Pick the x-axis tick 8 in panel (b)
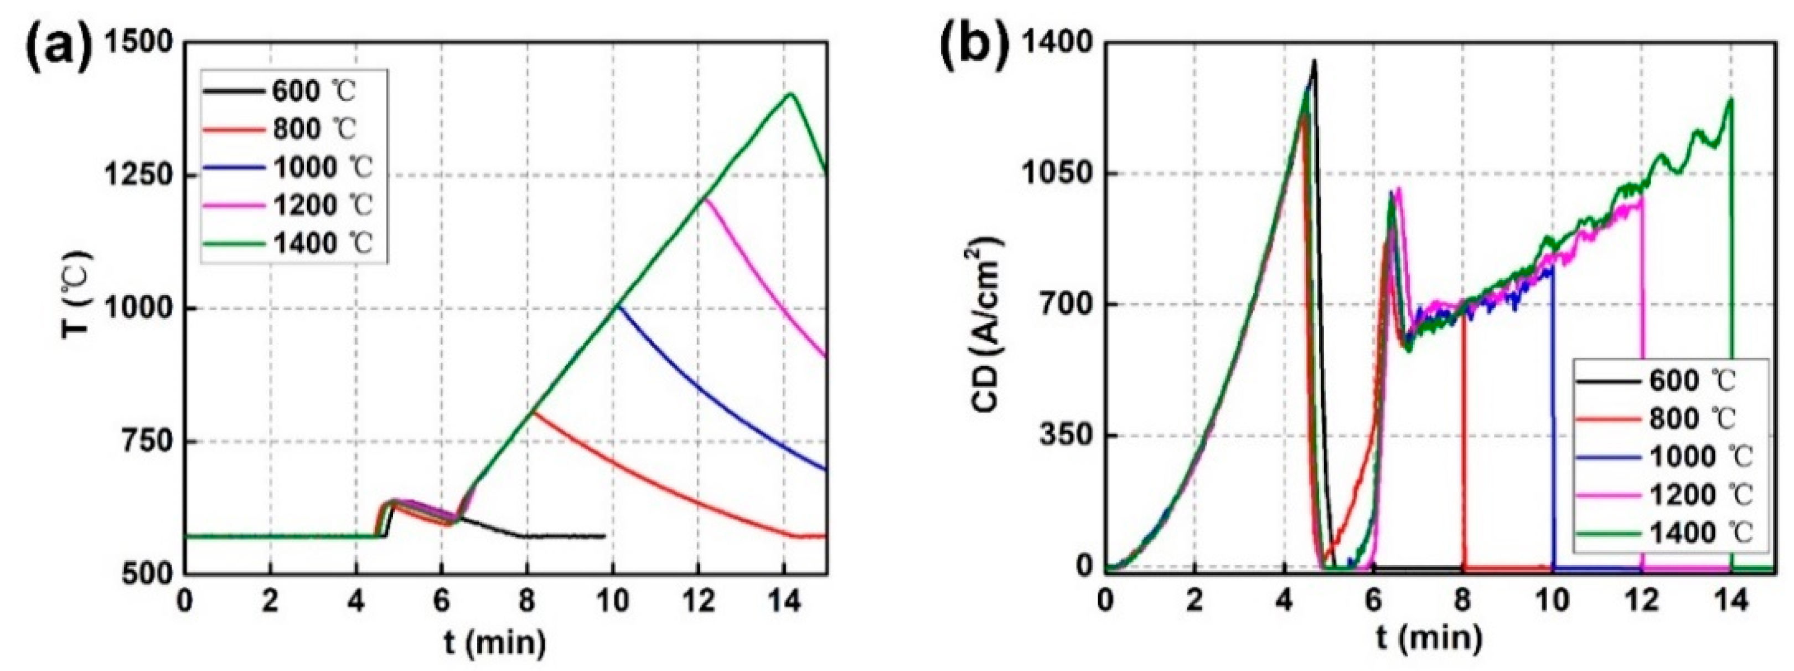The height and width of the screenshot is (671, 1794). coord(1462,601)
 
